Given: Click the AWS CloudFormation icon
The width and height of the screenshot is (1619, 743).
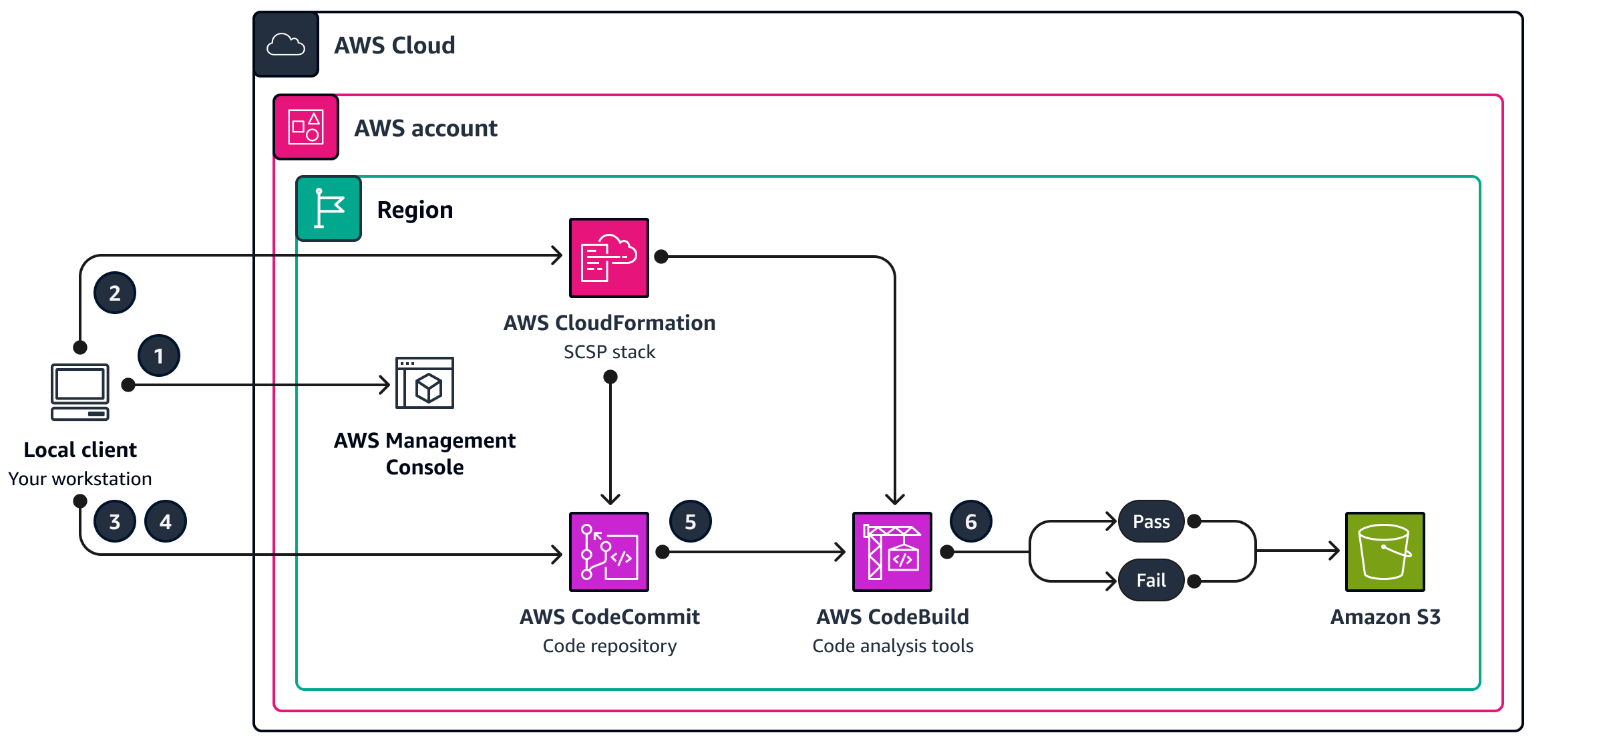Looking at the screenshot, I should (608, 257).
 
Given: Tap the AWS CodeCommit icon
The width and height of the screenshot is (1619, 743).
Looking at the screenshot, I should (608, 551).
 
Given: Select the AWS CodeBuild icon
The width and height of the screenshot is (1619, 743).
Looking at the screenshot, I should (892, 551).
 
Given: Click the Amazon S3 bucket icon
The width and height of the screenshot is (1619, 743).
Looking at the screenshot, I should (1385, 551).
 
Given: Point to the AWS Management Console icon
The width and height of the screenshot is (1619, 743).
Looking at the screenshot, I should (425, 383).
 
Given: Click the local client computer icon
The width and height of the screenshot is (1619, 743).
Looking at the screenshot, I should (80, 392).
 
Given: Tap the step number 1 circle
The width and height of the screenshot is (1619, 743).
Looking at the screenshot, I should (159, 355).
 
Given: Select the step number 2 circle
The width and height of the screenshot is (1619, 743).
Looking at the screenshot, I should (115, 293).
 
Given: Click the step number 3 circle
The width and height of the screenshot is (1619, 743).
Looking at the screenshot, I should (115, 521).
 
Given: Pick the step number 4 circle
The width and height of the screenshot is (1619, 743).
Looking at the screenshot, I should (166, 521).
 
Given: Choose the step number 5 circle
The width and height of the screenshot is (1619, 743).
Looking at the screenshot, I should (691, 521).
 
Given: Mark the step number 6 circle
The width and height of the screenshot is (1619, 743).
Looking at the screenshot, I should (971, 521).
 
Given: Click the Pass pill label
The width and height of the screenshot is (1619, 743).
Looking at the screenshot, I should (1151, 521).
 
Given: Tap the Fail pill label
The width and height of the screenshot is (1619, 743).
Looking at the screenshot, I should (1151, 580).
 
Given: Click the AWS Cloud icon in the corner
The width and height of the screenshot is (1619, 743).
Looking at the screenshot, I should (286, 45).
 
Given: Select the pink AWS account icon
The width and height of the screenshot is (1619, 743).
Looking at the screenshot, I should (306, 127).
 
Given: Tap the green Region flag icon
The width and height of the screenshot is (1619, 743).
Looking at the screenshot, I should (329, 208).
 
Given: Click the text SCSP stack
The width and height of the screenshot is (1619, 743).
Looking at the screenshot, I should (609, 352).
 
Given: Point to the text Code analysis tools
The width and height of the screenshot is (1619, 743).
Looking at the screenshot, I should (892, 646).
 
